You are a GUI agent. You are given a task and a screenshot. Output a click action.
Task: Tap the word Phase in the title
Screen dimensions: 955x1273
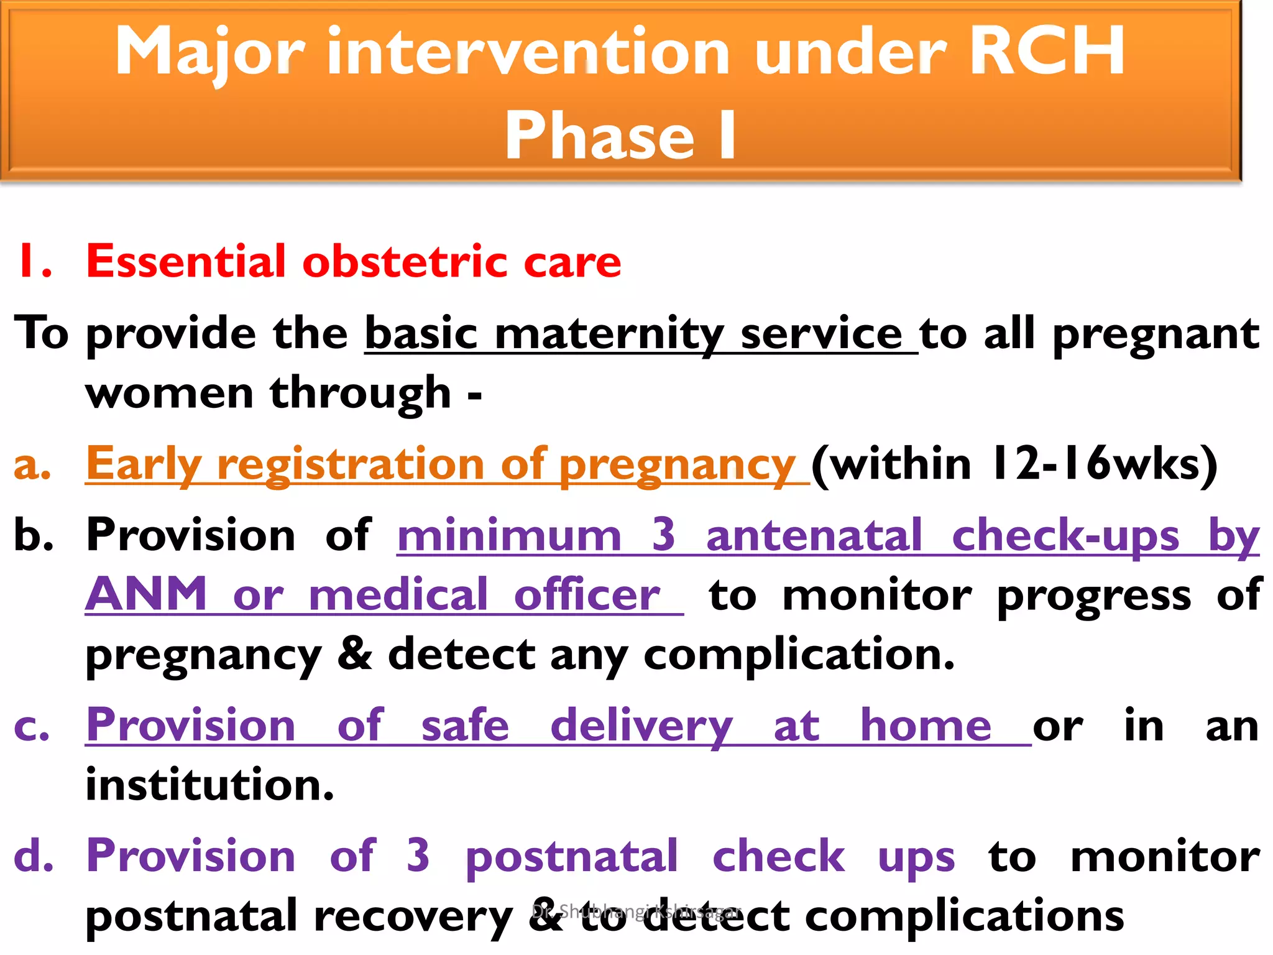599,136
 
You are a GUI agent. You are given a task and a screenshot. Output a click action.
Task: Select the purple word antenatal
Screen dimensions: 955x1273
814,536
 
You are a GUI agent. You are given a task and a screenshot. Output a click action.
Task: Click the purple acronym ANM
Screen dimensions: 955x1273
146,594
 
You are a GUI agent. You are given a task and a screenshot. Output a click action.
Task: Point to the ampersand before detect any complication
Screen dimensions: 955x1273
354,654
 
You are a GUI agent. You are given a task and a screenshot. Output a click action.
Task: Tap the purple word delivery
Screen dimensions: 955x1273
641,726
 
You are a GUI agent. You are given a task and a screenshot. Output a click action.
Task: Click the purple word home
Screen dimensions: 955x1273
926,726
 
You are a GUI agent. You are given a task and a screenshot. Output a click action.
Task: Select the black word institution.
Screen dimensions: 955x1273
209,785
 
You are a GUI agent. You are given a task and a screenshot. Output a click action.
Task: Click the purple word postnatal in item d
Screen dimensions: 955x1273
571,857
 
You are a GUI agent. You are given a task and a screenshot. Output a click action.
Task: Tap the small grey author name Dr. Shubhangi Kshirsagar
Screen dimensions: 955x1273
636,911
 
